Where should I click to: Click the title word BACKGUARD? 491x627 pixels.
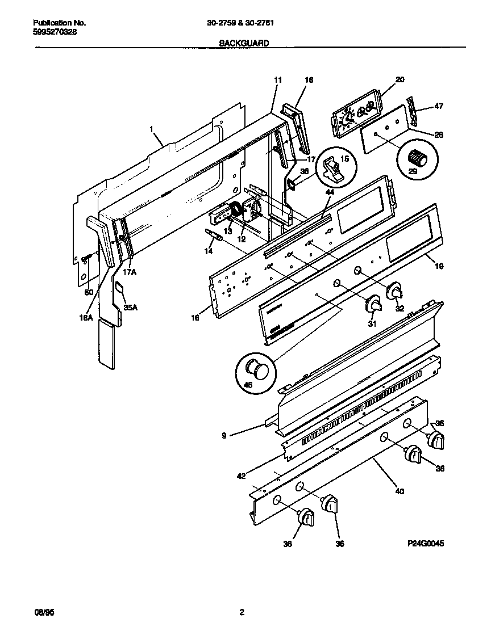(244, 43)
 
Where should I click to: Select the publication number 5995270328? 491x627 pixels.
(55, 32)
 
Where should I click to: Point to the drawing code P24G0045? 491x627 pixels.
(425, 543)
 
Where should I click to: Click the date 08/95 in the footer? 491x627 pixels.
(42, 612)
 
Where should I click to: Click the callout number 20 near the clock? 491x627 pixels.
(400, 80)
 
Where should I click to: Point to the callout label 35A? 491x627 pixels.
(131, 308)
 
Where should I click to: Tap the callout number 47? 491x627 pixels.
(439, 106)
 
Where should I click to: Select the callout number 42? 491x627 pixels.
(241, 475)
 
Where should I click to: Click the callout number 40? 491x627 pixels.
(399, 491)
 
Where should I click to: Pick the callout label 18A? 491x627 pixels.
(85, 318)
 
